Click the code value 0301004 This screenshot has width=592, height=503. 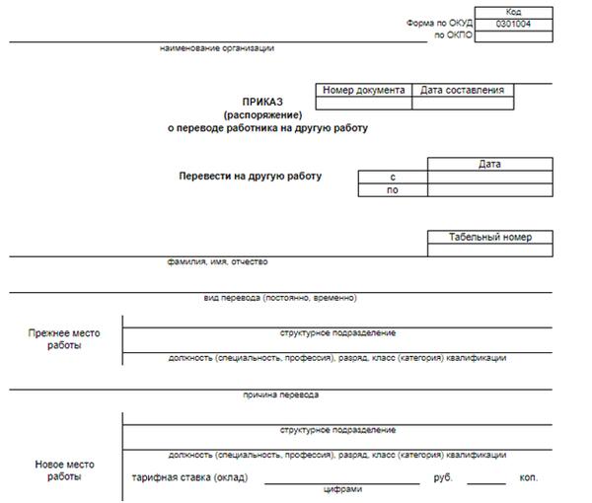tap(514, 23)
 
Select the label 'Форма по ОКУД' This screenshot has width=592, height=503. tap(439, 23)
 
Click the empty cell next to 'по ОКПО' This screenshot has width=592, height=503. tap(514, 36)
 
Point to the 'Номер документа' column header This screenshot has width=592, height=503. tap(363, 90)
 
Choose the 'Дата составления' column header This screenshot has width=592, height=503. tap(462, 90)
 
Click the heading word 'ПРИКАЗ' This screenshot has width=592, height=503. tap(262, 102)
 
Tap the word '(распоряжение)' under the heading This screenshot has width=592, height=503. tap(262, 114)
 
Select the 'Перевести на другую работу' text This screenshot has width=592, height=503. tap(250, 176)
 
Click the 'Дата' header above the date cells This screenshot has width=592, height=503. tap(489, 164)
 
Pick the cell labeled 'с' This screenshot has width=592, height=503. tap(393, 177)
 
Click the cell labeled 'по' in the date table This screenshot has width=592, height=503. tap(393, 190)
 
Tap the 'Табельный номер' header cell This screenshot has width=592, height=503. tap(489, 238)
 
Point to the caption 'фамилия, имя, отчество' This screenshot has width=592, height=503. tap(217, 262)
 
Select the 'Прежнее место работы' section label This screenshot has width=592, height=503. tap(64, 339)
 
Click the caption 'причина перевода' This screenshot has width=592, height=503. tap(281, 395)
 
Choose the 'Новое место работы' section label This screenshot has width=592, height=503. tap(64, 470)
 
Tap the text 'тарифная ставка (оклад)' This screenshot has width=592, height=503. tap(189, 478)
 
